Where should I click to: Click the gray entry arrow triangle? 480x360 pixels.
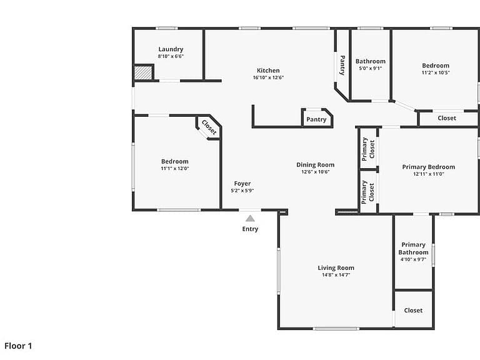point(250,218)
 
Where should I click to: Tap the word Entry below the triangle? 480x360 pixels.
point(250,229)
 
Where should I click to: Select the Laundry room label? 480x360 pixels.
point(171,49)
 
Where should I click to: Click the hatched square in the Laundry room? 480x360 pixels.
point(143,73)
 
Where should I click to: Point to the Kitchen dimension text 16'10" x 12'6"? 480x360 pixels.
point(268,77)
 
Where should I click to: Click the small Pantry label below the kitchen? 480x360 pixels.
point(316,119)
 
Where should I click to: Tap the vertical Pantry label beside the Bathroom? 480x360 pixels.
point(342,65)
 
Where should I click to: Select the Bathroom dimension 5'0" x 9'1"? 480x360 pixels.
point(371,68)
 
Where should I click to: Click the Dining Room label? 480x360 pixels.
point(315,165)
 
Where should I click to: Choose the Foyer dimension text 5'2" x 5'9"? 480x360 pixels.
point(242,191)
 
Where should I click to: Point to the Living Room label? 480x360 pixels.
point(336,268)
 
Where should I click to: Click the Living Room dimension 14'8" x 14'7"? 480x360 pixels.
point(336,275)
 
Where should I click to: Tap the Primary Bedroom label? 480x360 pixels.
point(429,167)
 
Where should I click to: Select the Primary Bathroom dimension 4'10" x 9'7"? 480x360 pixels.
point(413,259)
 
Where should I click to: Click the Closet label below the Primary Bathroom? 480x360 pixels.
point(413,311)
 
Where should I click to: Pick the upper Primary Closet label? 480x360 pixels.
point(368,149)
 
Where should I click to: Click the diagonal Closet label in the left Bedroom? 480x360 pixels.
point(209,127)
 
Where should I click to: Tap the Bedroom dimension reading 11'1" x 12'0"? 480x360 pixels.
point(175,169)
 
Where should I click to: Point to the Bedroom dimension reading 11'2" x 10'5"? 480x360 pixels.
point(436,73)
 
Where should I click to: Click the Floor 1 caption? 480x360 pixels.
point(18,346)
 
